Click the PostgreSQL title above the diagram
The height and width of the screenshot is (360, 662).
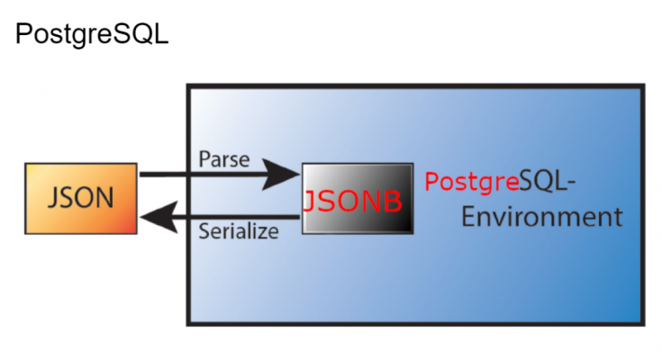pos(91,37)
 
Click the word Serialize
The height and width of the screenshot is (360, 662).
pos(238,232)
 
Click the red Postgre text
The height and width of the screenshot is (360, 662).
pos(471,182)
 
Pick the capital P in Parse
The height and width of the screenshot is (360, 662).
pos(204,160)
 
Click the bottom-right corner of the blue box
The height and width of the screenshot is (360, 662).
pos(642,322)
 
